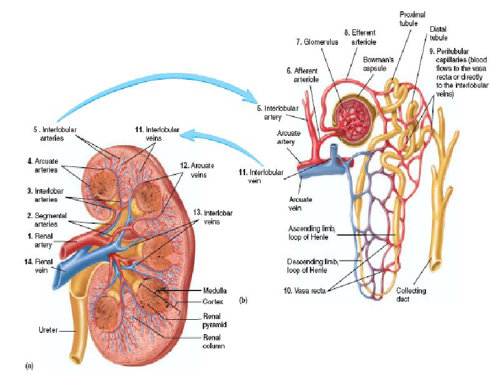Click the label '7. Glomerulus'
click(317, 42)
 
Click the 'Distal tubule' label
click(438, 33)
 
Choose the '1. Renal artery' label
click(39, 241)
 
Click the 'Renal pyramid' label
click(216, 320)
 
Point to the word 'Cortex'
click(213, 301)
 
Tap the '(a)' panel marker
click(29, 365)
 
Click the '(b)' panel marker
click(243, 300)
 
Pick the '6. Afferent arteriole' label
click(306, 75)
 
